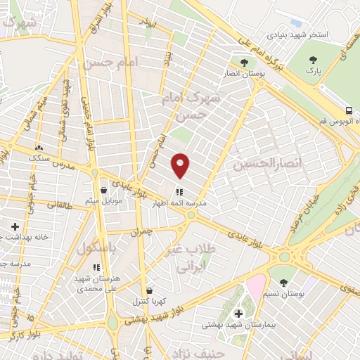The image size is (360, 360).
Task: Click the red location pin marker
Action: (x=181, y=165)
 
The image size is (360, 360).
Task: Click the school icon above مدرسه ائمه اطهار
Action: (x=179, y=191)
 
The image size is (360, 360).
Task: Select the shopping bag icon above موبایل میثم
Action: (x=103, y=190)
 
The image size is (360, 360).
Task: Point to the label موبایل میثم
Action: (x=103, y=202)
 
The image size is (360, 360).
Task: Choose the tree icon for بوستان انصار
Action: (x=244, y=63)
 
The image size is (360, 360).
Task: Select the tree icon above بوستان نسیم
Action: (x=283, y=282)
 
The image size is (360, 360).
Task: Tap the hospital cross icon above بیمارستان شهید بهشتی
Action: (x=238, y=312)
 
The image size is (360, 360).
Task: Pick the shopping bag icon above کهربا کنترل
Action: (x=149, y=290)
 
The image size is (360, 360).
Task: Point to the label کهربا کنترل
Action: (x=149, y=302)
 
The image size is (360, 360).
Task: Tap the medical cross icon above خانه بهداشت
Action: (x=15, y=226)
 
